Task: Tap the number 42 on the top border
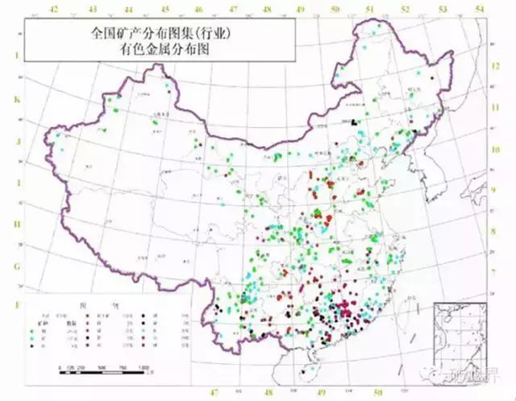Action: coord(55,9)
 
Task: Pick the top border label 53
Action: coord(447,9)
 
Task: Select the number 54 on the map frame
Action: coord(481,9)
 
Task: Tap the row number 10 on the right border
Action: coord(498,150)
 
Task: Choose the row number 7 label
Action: coord(498,271)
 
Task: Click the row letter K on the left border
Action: coord(15,101)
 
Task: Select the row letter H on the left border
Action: coord(15,226)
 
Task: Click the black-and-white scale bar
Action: coord(105,370)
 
